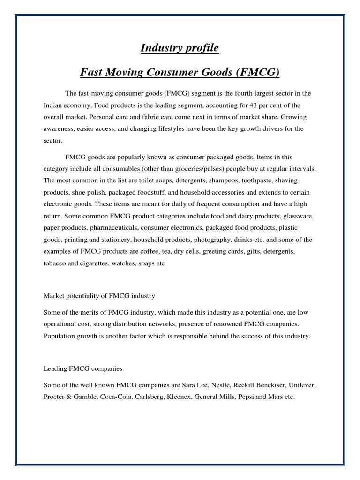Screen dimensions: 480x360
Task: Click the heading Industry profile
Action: click(x=180, y=48)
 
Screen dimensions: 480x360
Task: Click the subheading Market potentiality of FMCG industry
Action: click(x=99, y=296)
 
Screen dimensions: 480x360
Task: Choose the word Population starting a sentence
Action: click(x=60, y=336)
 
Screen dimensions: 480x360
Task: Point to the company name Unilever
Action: click(x=301, y=385)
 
